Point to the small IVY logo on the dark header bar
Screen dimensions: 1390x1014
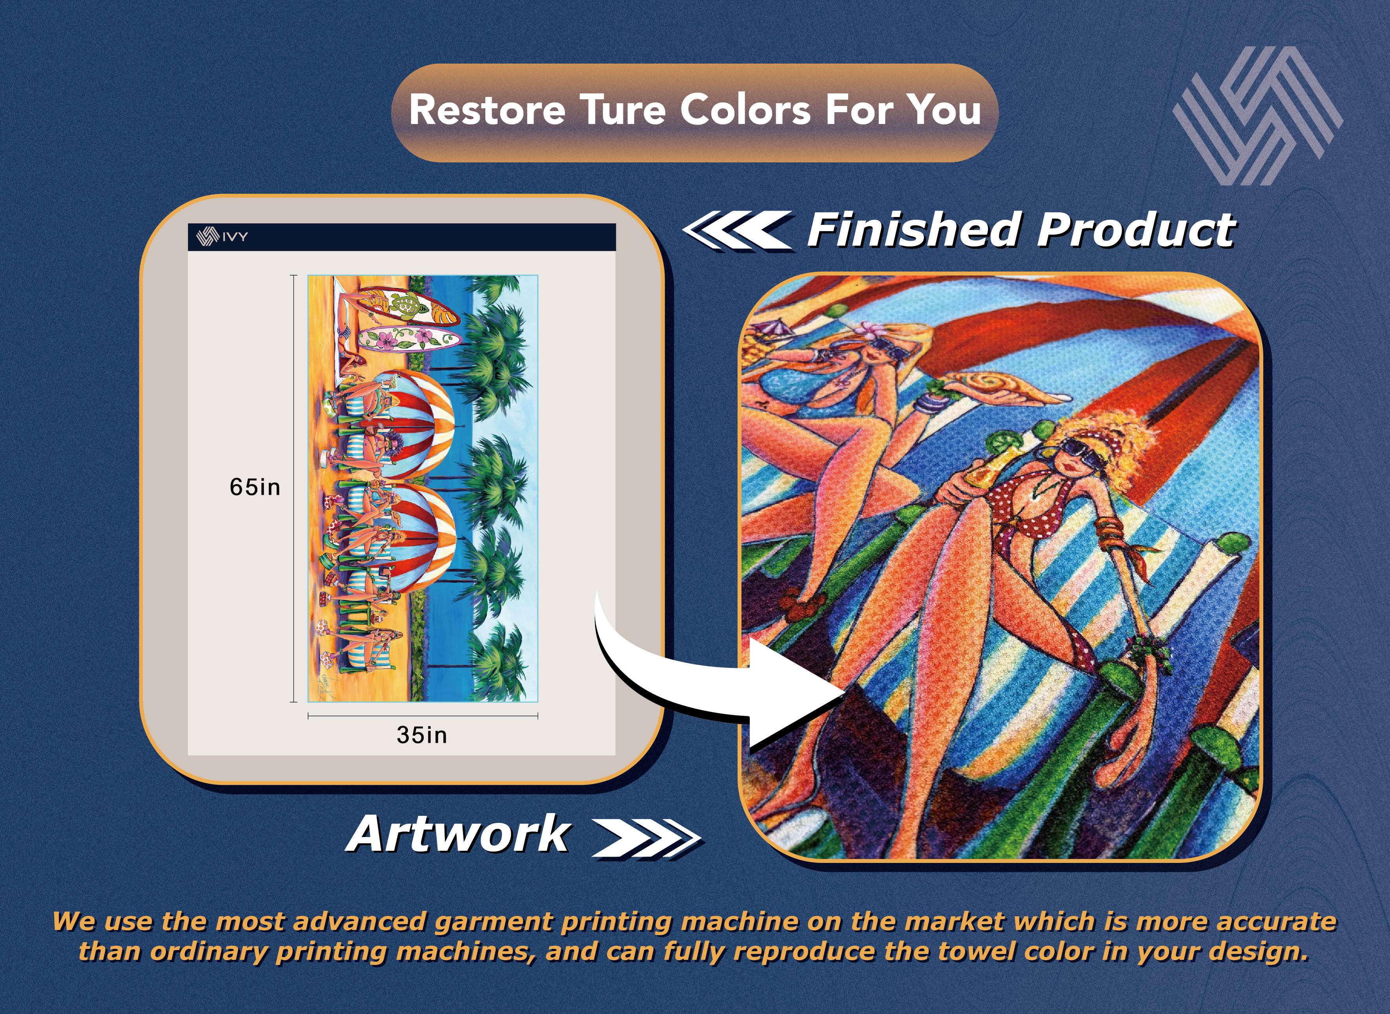click(222, 236)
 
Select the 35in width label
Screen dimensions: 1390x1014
click(422, 735)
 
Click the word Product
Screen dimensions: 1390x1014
click(1136, 230)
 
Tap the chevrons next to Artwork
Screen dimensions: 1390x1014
click(646, 838)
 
